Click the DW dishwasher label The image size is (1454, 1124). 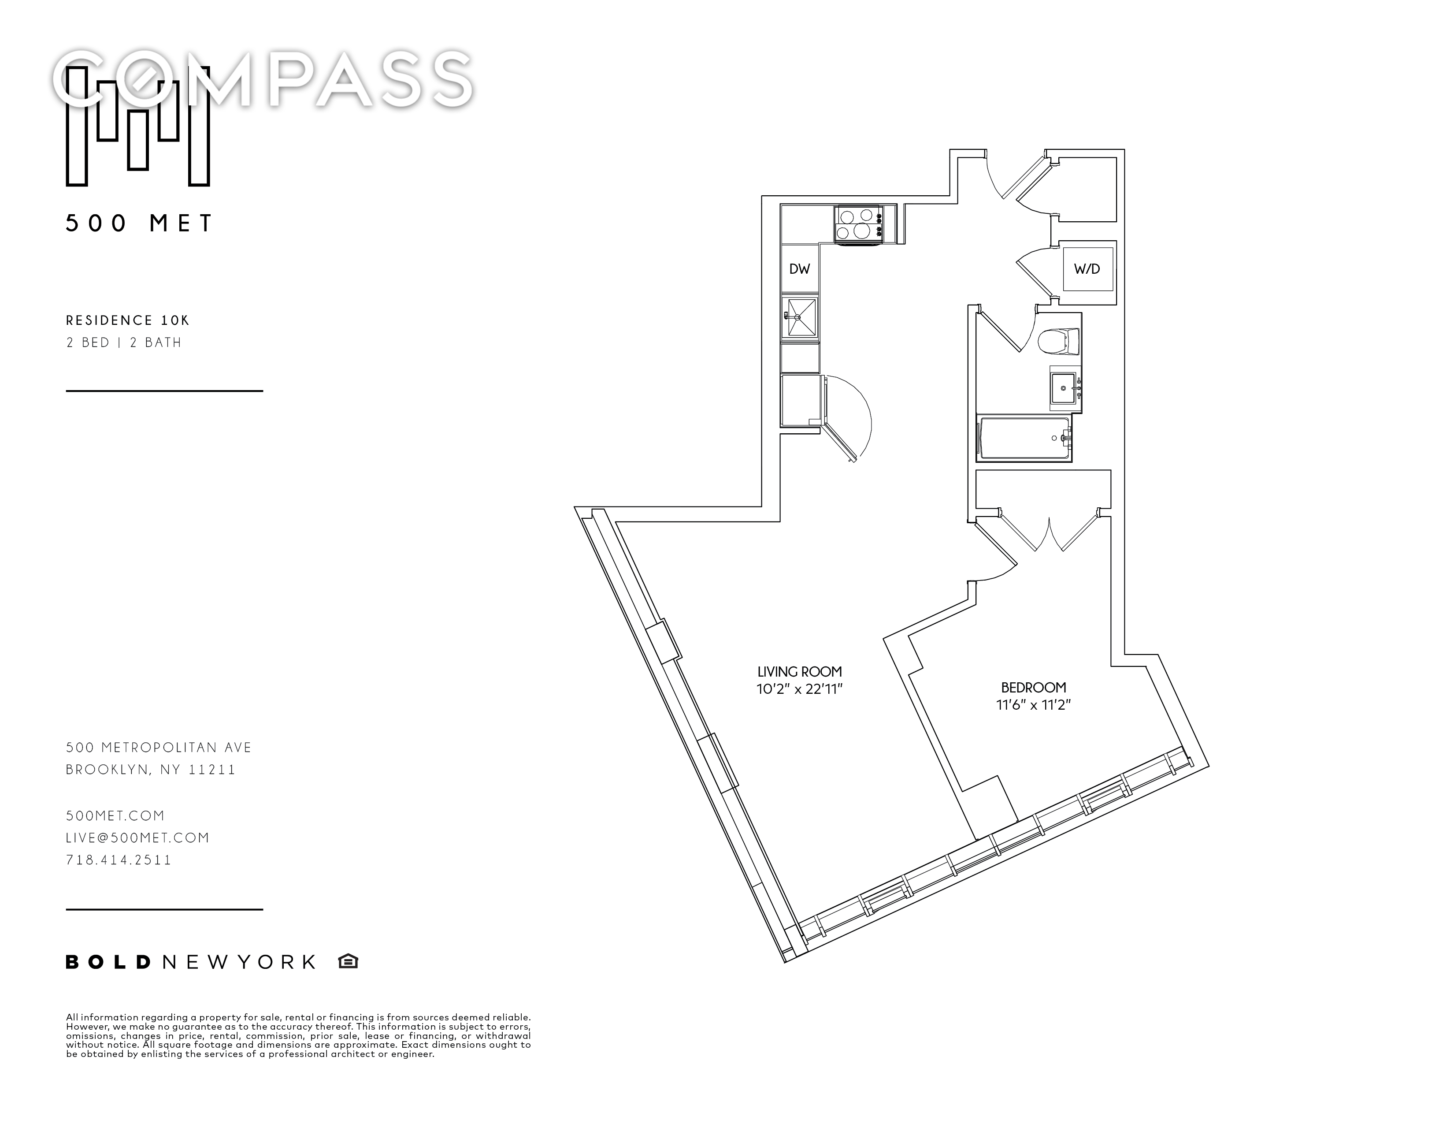point(800,269)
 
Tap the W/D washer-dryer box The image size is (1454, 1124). point(1087,269)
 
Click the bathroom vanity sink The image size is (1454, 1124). point(1064,389)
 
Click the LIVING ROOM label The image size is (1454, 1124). point(800,672)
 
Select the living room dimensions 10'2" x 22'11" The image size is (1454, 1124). point(800,689)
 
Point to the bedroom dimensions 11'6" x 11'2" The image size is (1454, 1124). point(1033,704)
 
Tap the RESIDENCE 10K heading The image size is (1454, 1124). point(128,320)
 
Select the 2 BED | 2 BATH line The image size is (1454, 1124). point(124,342)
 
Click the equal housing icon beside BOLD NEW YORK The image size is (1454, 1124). point(348,961)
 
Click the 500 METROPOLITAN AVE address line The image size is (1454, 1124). point(159,748)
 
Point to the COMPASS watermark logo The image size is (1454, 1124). point(263,78)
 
